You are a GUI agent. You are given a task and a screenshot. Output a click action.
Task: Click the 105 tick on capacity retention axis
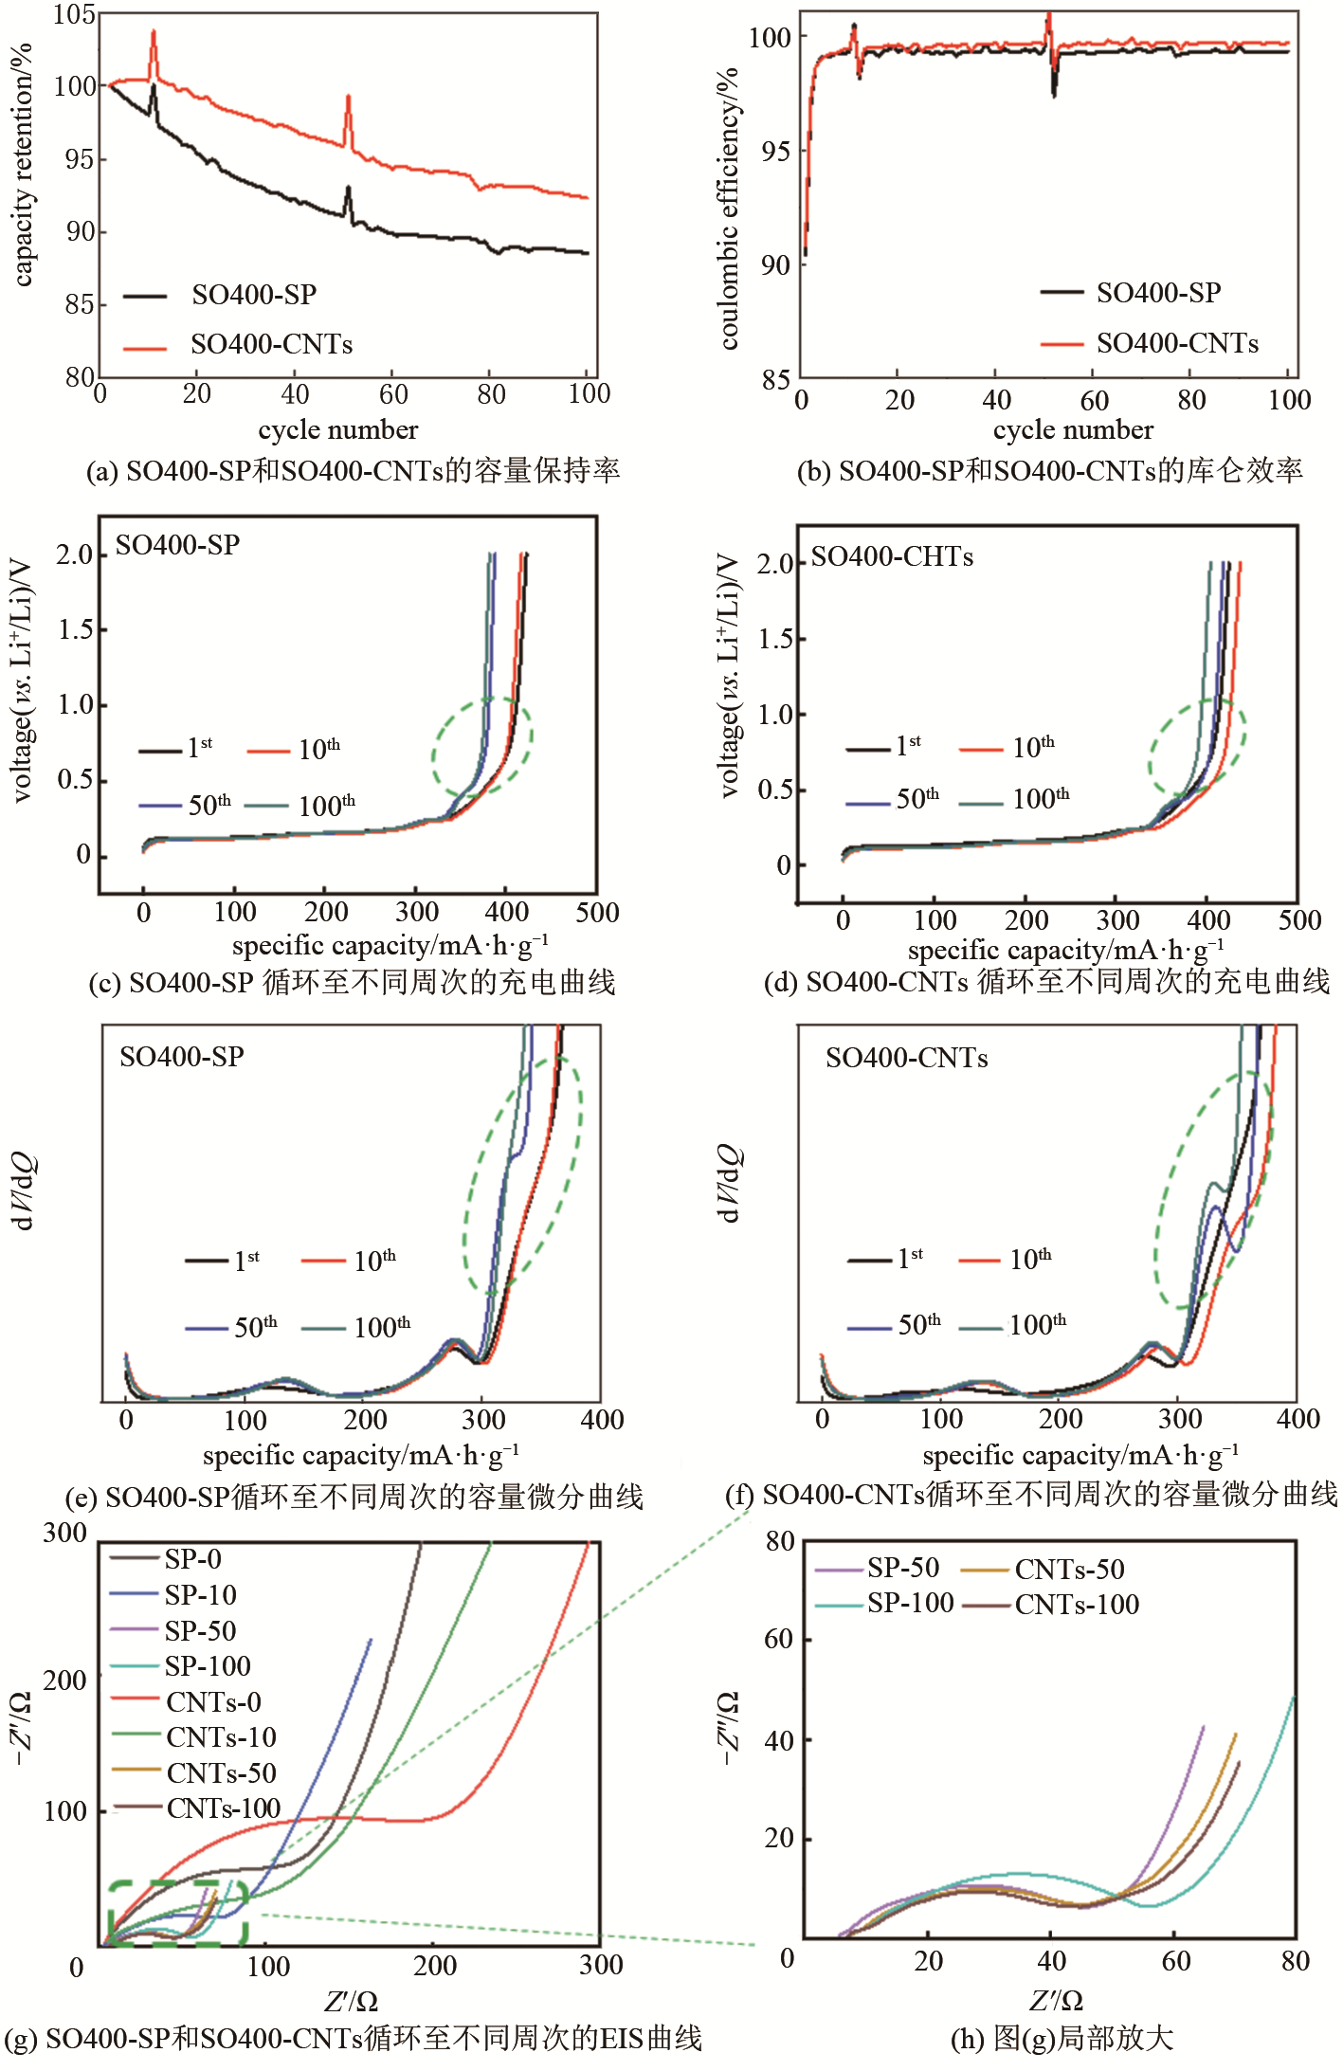74,14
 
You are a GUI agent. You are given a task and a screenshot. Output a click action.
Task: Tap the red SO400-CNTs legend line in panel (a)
144,348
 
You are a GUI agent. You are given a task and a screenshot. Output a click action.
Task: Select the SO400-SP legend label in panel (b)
1158,293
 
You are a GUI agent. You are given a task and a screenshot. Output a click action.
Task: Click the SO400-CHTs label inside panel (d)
892,556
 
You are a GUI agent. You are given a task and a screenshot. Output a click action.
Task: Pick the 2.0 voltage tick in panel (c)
74,554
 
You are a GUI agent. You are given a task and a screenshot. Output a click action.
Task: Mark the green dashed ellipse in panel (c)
482,747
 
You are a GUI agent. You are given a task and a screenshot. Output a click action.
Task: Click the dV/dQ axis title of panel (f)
728,1184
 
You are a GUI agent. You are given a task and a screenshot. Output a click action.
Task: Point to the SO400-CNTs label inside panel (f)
906,1058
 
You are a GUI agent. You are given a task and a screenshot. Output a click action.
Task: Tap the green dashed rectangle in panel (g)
177,1914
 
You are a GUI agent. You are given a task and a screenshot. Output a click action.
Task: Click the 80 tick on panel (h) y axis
779,1541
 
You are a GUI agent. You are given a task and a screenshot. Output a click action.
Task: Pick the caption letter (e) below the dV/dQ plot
82,1498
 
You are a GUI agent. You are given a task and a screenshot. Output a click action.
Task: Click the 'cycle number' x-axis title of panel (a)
337,430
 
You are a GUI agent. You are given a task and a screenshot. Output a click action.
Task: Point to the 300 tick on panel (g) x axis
601,1965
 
